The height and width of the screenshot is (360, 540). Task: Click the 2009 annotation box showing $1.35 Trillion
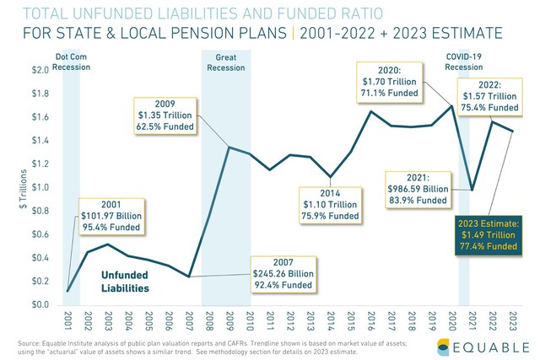click(x=164, y=116)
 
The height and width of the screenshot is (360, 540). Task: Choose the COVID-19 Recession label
click(x=463, y=62)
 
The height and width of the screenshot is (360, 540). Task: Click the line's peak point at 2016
click(x=370, y=111)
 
